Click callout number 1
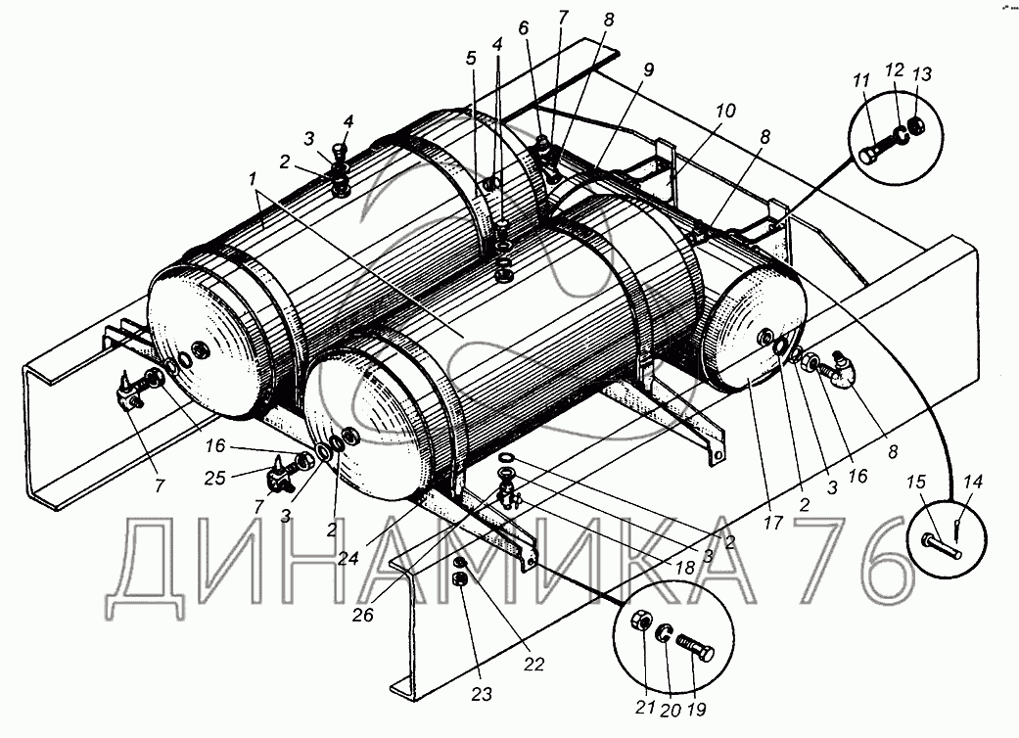255,179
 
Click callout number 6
524,30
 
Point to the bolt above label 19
694,647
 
